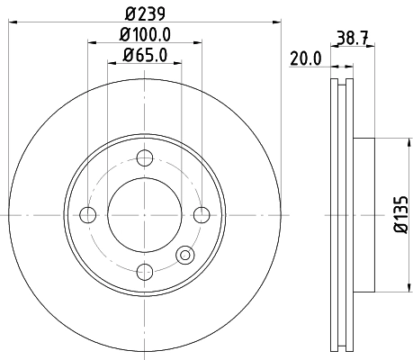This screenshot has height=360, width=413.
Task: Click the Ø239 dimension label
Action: pyautogui.click(x=144, y=13)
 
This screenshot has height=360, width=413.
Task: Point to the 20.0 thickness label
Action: pyautogui.click(x=306, y=58)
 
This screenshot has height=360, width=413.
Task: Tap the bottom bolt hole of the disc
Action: pyautogui.click(x=144, y=270)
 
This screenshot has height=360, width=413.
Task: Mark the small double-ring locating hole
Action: pyautogui.click(x=185, y=255)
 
